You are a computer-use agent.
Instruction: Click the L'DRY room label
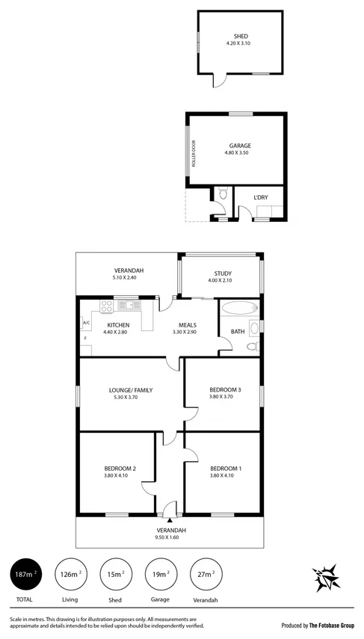260,197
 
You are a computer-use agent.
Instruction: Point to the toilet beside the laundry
223,197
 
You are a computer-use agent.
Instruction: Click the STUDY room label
223,273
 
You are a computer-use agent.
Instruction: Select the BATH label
238,331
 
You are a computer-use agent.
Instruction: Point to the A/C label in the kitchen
86,323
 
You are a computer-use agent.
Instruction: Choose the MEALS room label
187,325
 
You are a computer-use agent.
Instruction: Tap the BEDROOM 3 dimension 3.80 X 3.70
225,397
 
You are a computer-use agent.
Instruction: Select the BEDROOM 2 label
120,469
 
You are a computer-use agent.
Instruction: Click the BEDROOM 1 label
225,469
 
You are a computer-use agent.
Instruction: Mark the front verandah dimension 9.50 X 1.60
171,537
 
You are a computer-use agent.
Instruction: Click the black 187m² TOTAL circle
25,575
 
